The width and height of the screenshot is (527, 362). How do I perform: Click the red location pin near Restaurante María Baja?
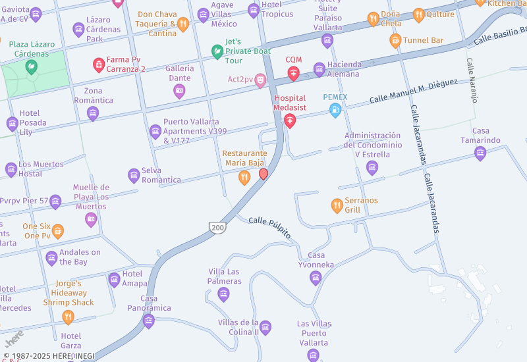[x=263, y=174]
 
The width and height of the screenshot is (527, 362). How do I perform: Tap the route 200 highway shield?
[x=218, y=228]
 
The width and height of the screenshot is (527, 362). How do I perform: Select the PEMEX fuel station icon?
[x=335, y=110]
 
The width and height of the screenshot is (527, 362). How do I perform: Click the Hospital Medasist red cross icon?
[x=290, y=120]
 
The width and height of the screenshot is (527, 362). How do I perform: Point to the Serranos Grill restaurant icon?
[x=337, y=206]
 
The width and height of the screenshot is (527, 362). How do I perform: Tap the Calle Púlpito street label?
[x=269, y=228]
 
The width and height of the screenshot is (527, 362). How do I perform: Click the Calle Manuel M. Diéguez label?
[x=413, y=91]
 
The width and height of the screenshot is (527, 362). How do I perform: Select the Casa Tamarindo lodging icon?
[x=480, y=153]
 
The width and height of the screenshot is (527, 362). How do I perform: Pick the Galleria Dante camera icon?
[x=179, y=91]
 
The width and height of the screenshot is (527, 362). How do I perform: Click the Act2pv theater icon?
[x=261, y=80]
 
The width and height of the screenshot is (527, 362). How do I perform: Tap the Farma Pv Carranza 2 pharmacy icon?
[x=98, y=64]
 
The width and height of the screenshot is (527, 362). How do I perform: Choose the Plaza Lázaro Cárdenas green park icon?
[x=31, y=66]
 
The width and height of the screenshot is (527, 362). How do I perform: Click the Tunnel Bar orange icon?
[x=395, y=41]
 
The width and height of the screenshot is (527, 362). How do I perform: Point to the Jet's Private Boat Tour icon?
[x=217, y=51]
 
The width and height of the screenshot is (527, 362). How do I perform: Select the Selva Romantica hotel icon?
[x=134, y=175]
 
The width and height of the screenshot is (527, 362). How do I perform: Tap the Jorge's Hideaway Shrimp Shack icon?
[x=68, y=317]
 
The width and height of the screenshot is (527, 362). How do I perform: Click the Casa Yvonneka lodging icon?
[x=316, y=278]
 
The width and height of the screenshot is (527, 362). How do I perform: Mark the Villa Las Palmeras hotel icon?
[x=223, y=294]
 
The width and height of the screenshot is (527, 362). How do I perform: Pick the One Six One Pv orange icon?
[x=58, y=231]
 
